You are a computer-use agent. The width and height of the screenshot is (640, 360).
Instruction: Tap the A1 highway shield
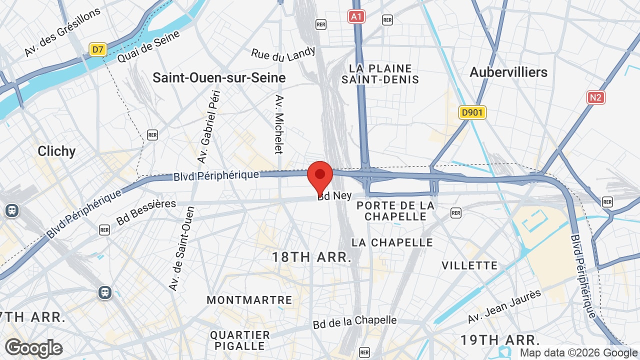356,17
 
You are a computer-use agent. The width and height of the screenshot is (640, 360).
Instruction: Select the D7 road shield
97,49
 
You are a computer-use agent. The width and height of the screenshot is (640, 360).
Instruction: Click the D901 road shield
472,112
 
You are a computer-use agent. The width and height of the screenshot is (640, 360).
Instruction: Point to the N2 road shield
595,97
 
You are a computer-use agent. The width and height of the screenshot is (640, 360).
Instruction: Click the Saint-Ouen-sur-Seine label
219,78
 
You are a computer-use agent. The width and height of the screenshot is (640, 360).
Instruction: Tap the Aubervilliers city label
508,72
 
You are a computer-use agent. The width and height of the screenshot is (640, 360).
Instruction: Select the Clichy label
56,151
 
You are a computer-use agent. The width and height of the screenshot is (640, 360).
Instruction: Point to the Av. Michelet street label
279,124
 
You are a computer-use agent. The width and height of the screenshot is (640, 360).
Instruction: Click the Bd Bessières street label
146,212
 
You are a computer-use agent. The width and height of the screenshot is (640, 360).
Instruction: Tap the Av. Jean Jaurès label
504,306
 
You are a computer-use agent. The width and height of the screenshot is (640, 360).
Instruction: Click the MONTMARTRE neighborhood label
249,300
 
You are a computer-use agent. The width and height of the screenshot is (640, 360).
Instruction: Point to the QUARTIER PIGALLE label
240,340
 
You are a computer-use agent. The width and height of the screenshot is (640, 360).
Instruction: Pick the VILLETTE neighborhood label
469,265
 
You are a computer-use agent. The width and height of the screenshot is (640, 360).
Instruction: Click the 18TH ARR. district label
311,257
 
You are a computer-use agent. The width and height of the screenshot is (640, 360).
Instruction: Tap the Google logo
33,348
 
